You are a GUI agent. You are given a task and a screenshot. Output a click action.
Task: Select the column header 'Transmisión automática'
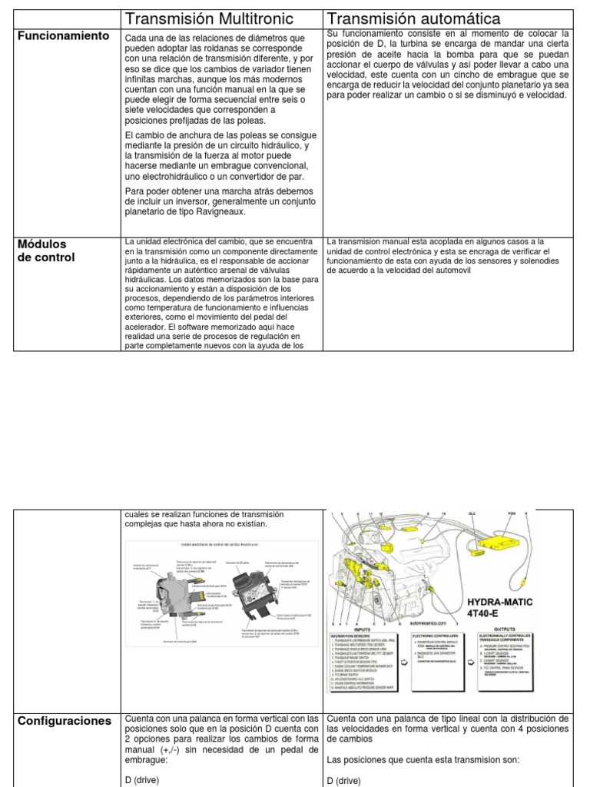coord(414,18)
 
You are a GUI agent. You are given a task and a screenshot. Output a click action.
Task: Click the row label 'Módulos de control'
coord(46,251)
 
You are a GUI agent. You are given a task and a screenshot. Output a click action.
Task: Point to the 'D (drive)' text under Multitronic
coord(144,780)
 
